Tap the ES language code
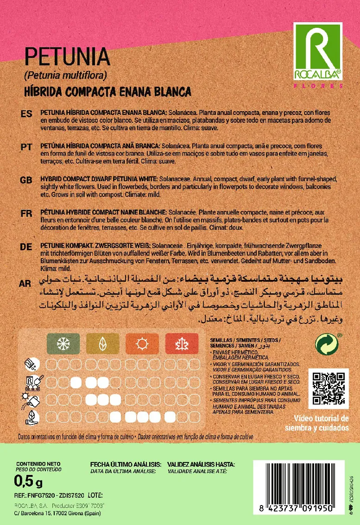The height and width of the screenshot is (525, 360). coord(26,114)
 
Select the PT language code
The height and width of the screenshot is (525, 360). coord(26,146)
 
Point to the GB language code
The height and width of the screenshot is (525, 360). coord(26,180)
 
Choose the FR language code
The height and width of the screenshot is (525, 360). coord(26,213)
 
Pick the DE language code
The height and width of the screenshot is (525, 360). coord(26,247)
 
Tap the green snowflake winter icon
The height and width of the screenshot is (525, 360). coord(63,344)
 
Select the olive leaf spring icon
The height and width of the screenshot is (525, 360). coord(102,344)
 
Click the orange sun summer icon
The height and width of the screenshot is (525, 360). coord(142,344)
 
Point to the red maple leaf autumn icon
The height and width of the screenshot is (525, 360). coord(182,344)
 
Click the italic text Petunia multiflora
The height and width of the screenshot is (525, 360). coord(65,75)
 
